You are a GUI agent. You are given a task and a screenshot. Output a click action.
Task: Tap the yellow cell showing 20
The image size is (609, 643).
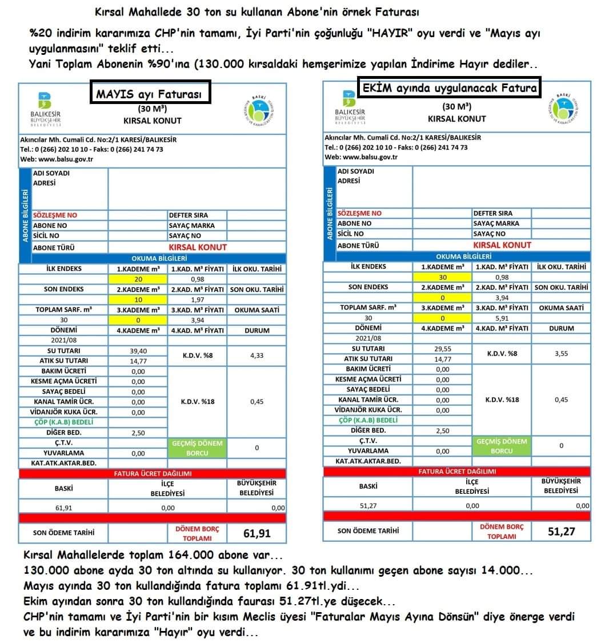138,279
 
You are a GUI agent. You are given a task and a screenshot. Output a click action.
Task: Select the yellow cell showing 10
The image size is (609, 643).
138,299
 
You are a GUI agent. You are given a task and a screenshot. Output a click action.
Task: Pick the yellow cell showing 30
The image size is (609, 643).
442,277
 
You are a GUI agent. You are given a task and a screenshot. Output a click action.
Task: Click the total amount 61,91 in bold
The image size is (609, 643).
257,533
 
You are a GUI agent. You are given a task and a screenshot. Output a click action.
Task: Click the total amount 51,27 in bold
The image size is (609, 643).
561,532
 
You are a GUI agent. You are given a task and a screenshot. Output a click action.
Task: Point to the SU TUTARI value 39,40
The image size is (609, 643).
138,351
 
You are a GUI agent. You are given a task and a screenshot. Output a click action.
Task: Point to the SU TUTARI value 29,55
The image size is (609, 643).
442,349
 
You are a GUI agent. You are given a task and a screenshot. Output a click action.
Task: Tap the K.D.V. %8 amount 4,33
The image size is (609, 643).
257,356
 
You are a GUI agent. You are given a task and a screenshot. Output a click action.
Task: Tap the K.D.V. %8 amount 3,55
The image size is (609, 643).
561,353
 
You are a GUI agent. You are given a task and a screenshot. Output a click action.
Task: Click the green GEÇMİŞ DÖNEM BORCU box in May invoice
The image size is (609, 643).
197,448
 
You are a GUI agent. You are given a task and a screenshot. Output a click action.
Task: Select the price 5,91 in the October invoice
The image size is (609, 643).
502,318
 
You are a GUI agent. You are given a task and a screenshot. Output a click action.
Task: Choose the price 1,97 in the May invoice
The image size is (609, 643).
197,299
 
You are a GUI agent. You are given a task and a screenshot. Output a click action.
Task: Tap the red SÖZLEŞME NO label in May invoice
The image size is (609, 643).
55,215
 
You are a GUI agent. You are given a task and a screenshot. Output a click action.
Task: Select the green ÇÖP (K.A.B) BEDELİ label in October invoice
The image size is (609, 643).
367,420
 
